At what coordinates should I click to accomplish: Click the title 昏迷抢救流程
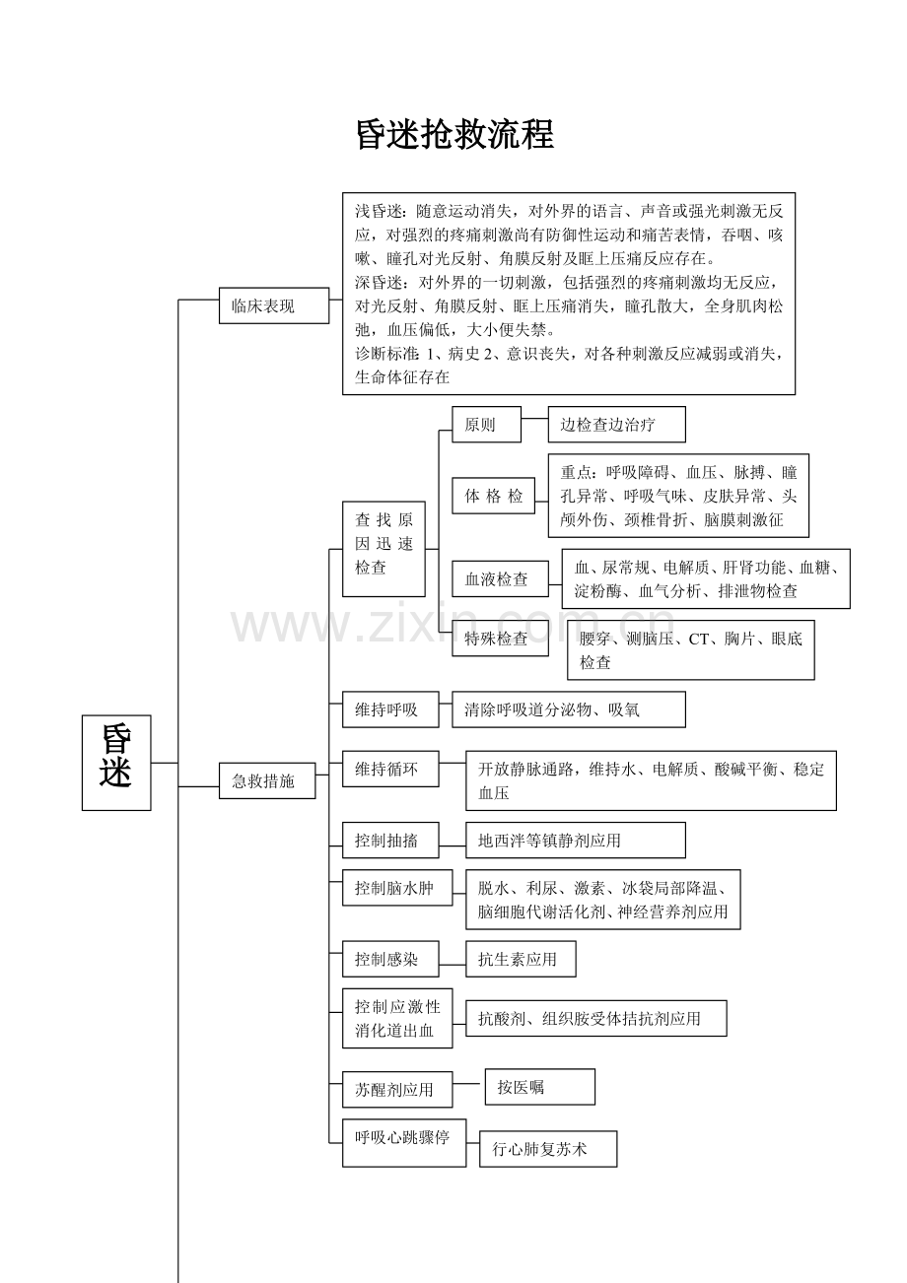click(454, 136)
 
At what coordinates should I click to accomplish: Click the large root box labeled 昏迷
click(116, 763)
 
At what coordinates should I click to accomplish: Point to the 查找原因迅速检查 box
click(384, 544)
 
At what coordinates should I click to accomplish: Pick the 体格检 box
click(493, 496)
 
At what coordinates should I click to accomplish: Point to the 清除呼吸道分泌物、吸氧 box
click(568, 709)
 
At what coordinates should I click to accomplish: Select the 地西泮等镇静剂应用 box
click(575, 841)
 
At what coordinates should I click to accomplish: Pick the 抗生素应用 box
click(521, 959)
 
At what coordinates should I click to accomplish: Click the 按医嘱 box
click(539, 1087)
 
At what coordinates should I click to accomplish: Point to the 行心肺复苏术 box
click(548, 1149)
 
